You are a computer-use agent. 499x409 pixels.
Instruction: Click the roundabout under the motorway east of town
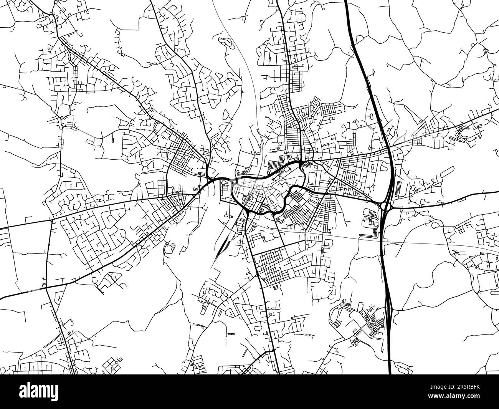[385, 207]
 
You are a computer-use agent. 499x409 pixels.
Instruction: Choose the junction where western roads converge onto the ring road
[209, 179]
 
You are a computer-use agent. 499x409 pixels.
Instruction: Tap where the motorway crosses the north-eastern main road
[388, 148]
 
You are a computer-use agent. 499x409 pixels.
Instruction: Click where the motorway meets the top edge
[345, 1]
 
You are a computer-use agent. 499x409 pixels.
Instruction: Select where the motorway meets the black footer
[390, 373]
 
